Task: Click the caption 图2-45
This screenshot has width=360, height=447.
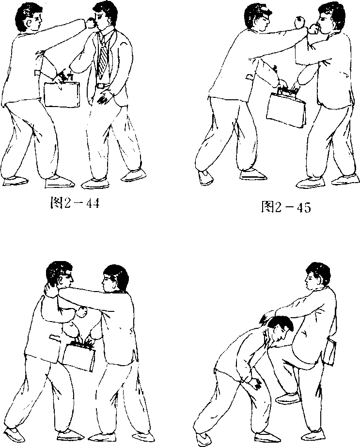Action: coord(286,207)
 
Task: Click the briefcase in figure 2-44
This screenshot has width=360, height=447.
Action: coord(62,94)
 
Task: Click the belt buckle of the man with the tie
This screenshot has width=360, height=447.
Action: coord(101,85)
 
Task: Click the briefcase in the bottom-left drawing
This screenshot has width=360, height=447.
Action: coord(78,356)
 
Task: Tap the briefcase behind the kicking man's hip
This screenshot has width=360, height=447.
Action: coord(329,352)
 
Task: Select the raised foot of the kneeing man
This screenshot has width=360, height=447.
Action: coord(288,397)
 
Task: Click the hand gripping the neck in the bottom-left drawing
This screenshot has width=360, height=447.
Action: coord(50,290)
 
